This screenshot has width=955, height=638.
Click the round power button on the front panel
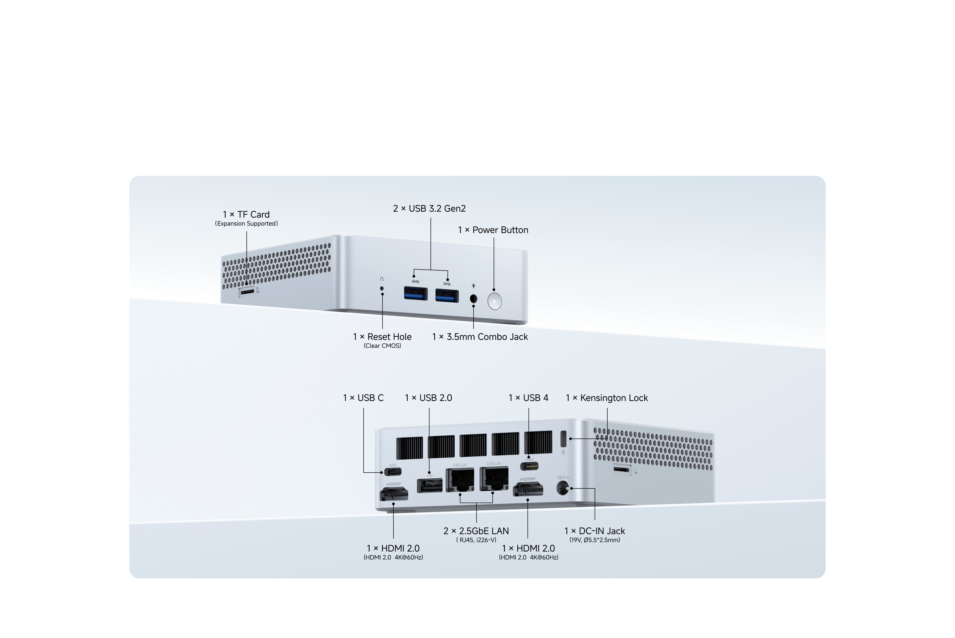(494, 301)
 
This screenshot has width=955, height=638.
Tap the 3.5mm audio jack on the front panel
(473, 298)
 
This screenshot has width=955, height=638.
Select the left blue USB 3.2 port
(415, 293)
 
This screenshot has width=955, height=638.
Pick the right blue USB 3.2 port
(447, 295)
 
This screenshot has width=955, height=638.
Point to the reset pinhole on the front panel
(382, 288)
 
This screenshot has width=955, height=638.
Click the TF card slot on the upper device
(247, 291)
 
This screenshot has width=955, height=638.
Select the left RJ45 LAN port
(460, 479)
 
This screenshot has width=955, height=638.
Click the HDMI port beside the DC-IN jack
(528, 489)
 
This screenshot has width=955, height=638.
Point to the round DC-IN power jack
(562, 488)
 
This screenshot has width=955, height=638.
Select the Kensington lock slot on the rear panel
(564, 439)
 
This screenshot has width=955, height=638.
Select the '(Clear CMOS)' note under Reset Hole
(382, 346)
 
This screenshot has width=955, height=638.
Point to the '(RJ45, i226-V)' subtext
(476, 540)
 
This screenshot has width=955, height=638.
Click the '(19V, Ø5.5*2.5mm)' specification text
(595, 540)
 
